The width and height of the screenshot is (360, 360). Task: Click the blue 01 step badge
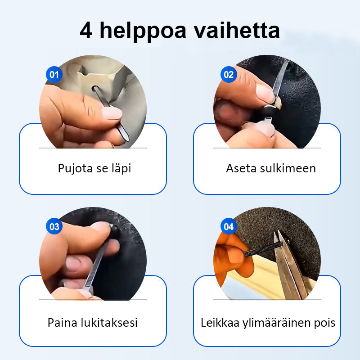pos(54,74)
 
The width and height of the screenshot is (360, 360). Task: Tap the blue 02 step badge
pos(229,74)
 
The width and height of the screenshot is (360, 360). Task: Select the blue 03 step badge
pos(54,226)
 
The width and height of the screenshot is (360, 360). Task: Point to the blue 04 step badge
pos(229,226)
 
